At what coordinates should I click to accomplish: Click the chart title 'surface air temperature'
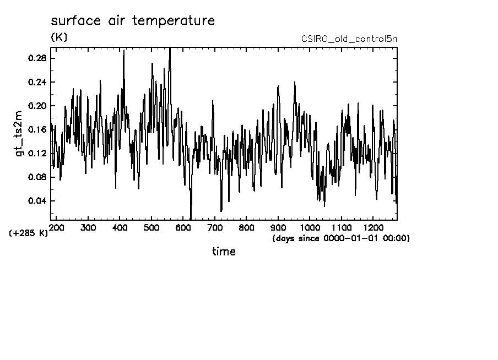coord(132,21)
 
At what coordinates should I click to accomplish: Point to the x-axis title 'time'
coord(224,252)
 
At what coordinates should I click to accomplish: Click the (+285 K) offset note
coord(29,233)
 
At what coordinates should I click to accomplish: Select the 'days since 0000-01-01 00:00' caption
coord(341,238)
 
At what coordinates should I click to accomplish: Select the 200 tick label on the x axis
coord(56,227)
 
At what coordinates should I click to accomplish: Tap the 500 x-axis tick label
coord(151,227)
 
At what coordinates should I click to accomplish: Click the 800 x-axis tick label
coord(246,227)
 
